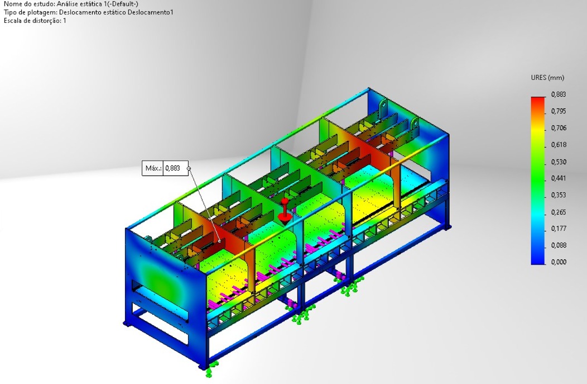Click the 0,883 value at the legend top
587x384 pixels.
(x=559, y=94)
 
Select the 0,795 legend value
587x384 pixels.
(x=559, y=111)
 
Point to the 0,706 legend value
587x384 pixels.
(x=559, y=128)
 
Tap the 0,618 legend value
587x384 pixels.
(x=559, y=144)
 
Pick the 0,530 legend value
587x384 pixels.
(x=559, y=162)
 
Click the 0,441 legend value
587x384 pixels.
(x=559, y=178)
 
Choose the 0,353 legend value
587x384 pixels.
(x=559, y=195)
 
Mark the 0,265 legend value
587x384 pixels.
(x=559, y=212)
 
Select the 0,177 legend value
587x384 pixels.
(x=559, y=229)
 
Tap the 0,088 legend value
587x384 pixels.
(x=559, y=245)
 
